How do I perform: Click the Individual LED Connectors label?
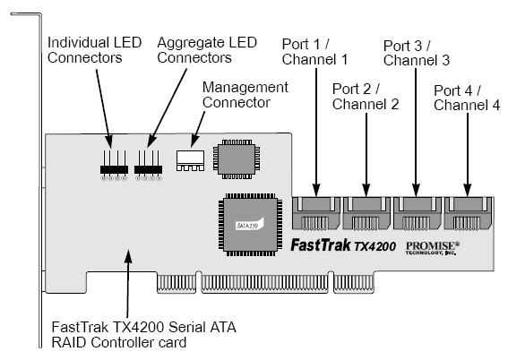point(94,50)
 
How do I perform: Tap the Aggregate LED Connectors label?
point(207,50)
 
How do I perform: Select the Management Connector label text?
point(245,95)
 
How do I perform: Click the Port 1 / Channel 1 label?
point(314,52)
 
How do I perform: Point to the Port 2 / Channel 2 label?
point(366,97)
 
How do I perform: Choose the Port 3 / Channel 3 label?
point(417,53)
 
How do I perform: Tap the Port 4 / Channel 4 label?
point(467,98)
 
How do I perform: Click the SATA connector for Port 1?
point(316,213)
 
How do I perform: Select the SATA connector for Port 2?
point(366,213)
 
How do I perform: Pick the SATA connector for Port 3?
point(418,213)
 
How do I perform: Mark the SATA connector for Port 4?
point(468,213)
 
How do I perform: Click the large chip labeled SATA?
point(251,225)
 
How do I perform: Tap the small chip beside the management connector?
point(237,159)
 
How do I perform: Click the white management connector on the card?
point(190,160)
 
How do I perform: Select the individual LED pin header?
point(114,166)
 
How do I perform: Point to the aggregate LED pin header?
point(148,166)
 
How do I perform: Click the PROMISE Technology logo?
point(433,248)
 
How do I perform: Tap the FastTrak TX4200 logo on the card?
point(343,245)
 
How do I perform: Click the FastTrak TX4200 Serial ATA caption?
point(144,335)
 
